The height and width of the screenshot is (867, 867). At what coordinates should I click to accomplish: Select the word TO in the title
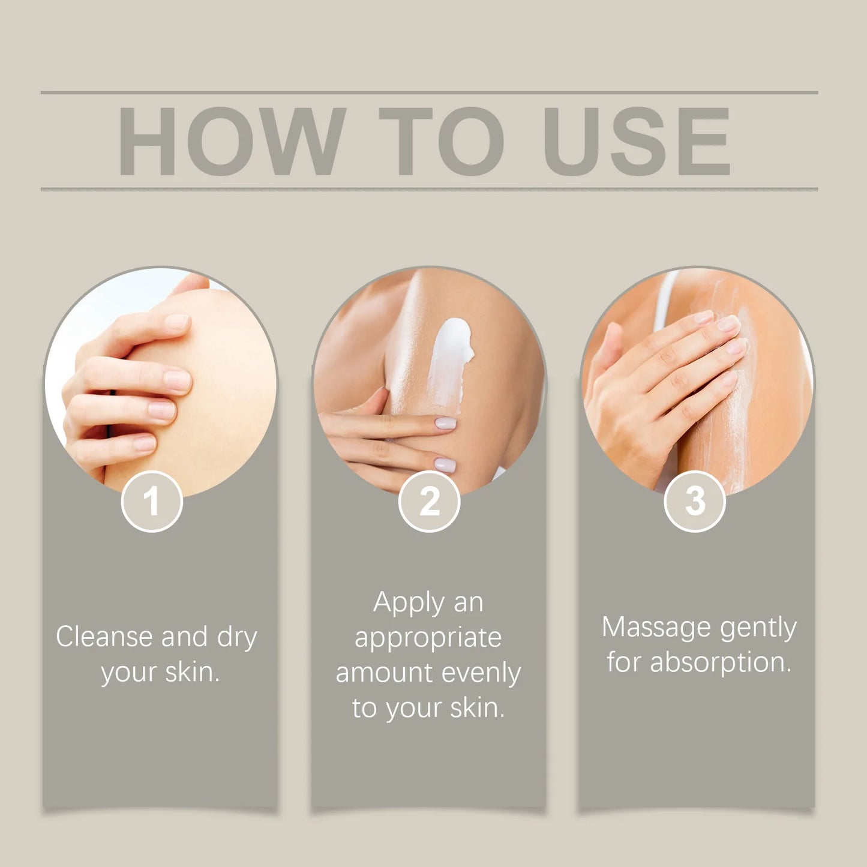coord(441,142)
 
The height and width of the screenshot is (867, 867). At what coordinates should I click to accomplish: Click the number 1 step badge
coord(152,501)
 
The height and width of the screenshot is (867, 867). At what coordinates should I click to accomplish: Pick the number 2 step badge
coord(429,501)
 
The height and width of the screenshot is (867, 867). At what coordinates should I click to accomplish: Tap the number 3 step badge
coord(695,501)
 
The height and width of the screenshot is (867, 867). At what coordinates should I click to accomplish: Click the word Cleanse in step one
coord(103,637)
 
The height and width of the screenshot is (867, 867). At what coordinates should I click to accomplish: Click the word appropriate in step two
coord(428,638)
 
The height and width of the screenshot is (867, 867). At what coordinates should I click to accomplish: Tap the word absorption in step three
coord(720,663)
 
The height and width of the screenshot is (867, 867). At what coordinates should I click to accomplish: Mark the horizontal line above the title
coord(429,93)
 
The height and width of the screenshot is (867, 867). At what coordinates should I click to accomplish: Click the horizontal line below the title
coord(429,189)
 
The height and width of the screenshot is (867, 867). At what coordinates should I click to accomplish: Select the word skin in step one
coord(191,673)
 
